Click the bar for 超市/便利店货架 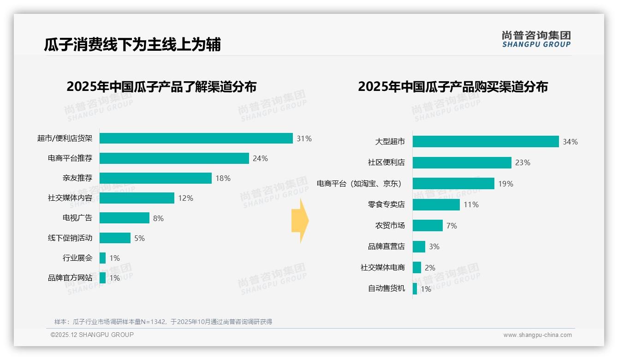[196, 138]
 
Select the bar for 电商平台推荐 [174, 158]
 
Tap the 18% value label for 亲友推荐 [223, 178]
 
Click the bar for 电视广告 [125, 218]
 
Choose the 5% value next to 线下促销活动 [139, 238]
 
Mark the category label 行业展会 [77, 258]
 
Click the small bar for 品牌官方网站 [102, 278]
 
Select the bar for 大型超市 [486, 142]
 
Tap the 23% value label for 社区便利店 [523, 162]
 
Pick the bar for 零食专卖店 [436, 204]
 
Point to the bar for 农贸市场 [428, 226]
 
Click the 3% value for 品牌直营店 [434, 246]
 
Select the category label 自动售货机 [386, 288]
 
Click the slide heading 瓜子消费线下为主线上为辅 [132, 44]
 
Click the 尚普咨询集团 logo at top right [536, 39]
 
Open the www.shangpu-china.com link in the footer [537, 335]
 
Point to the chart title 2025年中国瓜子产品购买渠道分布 [453, 87]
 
